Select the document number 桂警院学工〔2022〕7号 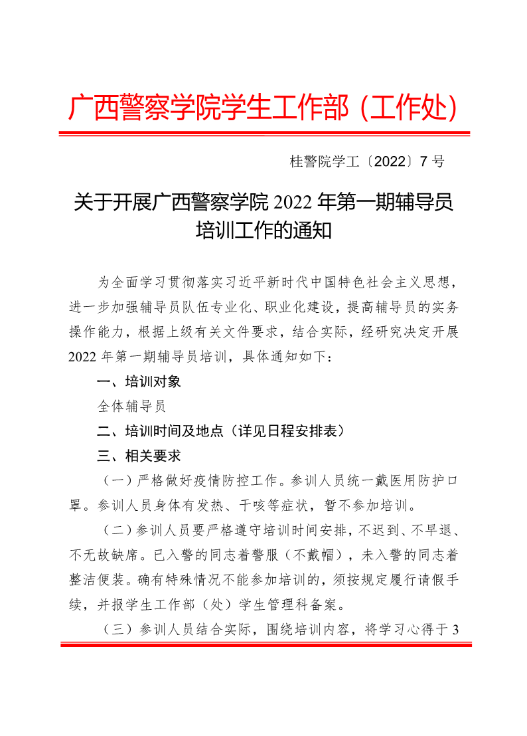pos(367,161)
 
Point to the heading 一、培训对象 pos(139,382)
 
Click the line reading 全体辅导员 pos(131,407)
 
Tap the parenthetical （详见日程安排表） pos(285,431)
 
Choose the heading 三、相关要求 pos(139,456)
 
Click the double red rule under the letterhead pos(263,134)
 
